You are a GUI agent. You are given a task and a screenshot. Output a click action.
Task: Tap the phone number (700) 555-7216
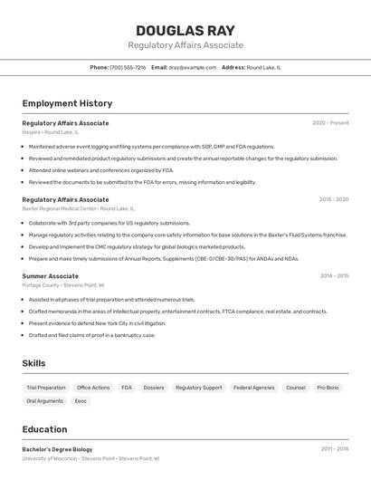click(128, 67)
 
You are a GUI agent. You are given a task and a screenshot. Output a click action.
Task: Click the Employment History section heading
click(67, 103)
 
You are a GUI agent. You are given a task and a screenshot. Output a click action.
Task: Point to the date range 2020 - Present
click(330, 123)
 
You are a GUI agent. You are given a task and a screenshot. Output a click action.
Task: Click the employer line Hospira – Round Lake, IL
click(51, 132)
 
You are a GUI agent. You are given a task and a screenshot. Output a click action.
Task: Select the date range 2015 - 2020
click(334, 199)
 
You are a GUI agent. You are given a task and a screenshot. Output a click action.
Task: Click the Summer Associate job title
click(50, 276)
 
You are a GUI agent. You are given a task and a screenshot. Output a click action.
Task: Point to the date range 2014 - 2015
click(334, 276)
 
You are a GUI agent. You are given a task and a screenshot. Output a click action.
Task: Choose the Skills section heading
click(34, 363)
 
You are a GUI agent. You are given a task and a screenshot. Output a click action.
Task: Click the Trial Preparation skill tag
click(46, 388)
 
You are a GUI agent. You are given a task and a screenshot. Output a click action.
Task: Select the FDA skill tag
click(127, 388)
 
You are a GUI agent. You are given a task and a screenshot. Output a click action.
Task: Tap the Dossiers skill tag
click(154, 388)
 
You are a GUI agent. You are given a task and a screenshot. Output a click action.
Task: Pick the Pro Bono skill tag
click(328, 388)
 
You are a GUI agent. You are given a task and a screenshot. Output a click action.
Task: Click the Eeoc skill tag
click(81, 400)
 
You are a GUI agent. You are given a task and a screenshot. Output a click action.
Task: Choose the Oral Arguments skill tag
click(44, 400)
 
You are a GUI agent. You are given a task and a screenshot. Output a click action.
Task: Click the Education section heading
click(44, 429)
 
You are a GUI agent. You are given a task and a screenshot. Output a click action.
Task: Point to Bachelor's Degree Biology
click(57, 449)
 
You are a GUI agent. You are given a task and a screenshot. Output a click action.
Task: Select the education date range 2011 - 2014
click(334, 449)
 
